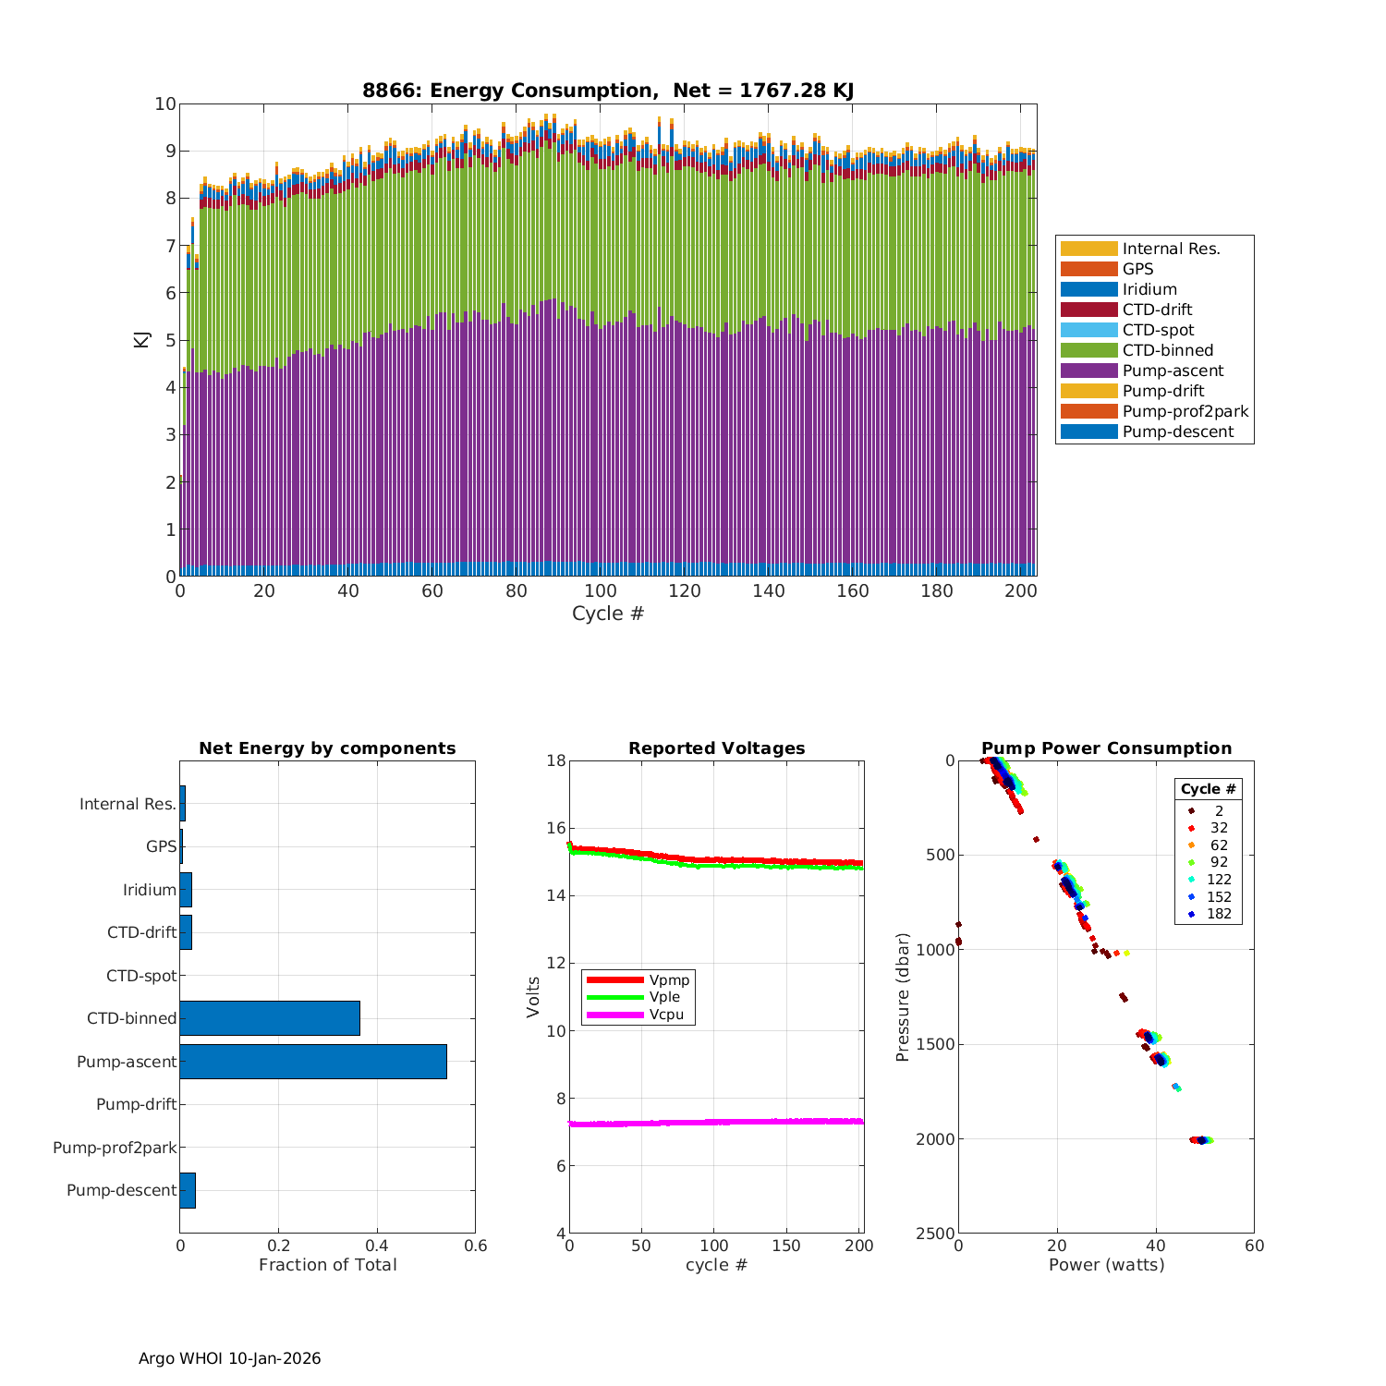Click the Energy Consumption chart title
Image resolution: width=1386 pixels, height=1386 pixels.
pyautogui.click(x=607, y=91)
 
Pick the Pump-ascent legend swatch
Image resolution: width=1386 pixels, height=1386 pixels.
pyautogui.click(x=1088, y=371)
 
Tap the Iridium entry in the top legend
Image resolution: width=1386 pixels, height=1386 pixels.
pyautogui.click(x=1149, y=290)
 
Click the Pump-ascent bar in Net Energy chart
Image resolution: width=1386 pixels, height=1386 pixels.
pyautogui.click(x=313, y=1062)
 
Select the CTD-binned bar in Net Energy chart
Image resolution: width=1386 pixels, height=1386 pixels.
pyautogui.click(x=270, y=1018)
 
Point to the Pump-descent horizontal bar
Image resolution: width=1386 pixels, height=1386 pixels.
pyautogui.click(x=188, y=1190)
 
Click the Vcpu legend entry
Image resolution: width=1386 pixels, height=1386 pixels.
pyautogui.click(x=665, y=1015)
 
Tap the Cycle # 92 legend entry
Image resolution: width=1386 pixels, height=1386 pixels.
pyautogui.click(x=1219, y=863)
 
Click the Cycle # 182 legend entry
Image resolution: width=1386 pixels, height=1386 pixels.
pyautogui.click(x=1219, y=915)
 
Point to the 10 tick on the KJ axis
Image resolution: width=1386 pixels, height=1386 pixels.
pyautogui.click(x=165, y=103)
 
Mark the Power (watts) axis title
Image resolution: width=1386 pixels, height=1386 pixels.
pyautogui.click(x=1106, y=1265)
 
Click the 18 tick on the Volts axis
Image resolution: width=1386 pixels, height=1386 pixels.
pyautogui.click(x=555, y=760)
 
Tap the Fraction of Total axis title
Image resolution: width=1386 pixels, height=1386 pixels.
pyautogui.click(x=327, y=1265)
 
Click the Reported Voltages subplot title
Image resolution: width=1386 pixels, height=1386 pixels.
pyautogui.click(x=716, y=748)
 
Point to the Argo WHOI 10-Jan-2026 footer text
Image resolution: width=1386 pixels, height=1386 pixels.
pyautogui.click(x=230, y=1358)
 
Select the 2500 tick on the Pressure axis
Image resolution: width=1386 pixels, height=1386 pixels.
pyautogui.click(x=935, y=1234)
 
